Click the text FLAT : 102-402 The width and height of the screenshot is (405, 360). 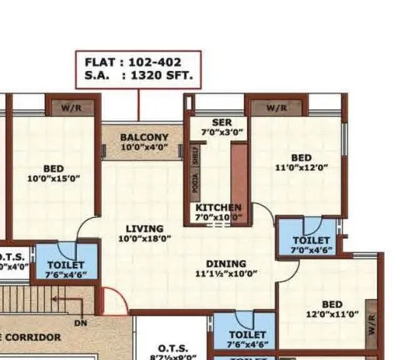click(137, 62)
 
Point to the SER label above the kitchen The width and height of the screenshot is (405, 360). click(211, 123)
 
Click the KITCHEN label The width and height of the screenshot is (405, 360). click(218, 207)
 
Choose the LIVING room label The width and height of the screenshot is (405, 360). click(144, 229)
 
